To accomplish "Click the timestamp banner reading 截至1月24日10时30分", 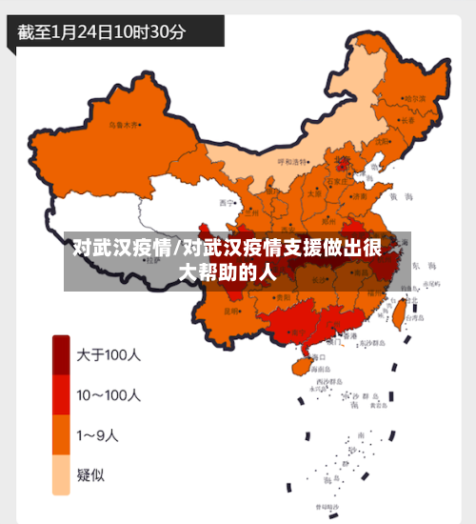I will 102,31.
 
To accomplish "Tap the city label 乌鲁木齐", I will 123,124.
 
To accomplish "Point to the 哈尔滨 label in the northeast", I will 415,98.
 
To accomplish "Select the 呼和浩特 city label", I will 293,161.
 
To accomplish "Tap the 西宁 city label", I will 226,202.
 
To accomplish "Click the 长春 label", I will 408,120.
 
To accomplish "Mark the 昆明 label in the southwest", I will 232,311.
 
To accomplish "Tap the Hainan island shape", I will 297,363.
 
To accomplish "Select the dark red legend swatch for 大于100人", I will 61,354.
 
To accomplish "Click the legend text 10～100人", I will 109,394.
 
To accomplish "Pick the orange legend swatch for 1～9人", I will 61,434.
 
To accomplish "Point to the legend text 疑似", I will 91,475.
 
